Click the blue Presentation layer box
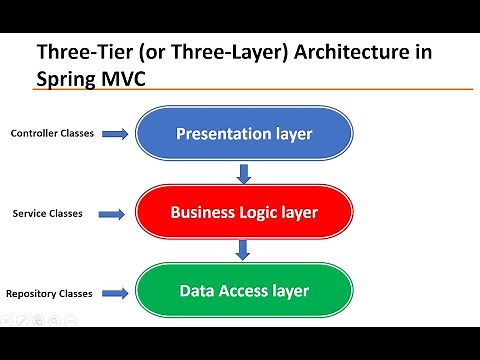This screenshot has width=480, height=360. click(x=244, y=133)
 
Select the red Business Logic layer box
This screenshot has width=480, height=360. click(x=244, y=212)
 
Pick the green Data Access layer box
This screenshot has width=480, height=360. click(x=244, y=291)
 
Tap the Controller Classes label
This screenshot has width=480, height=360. click(x=52, y=133)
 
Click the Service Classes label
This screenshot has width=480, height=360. click(x=47, y=213)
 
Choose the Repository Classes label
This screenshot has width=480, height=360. click(x=50, y=293)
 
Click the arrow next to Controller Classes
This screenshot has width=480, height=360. click(x=115, y=133)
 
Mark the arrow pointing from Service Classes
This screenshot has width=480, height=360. click(x=115, y=213)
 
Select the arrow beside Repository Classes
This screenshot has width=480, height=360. click(x=115, y=293)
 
